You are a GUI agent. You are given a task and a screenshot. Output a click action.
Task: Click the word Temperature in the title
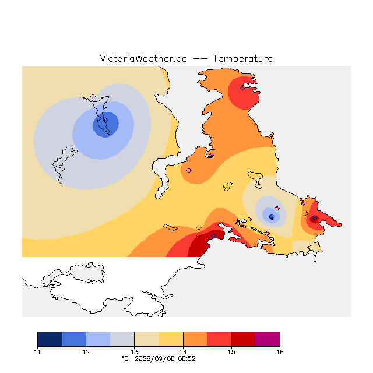pos(242,58)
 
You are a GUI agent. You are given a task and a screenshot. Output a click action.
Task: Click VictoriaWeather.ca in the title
pos(143,58)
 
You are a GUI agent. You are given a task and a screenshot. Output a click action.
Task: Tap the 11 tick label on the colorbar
pos(37,352)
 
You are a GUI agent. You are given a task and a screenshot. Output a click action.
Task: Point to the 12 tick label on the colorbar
pos(86,352)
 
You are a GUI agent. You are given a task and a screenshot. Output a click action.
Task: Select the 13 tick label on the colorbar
pos(135,352)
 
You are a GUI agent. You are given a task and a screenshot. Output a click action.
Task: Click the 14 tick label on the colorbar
pos(183,352)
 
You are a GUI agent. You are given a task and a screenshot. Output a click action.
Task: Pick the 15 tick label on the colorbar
pos(231,352)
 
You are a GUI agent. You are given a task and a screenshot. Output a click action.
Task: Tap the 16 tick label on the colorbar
pos(280,352)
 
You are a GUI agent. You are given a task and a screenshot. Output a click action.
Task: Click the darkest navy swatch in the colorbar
pos(50,339)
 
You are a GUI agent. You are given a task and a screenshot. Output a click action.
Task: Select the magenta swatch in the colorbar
pos(268,339)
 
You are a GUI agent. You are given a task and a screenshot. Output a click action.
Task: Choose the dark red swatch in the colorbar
pos(244,339)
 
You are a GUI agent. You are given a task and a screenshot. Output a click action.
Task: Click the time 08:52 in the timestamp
pos(186,359)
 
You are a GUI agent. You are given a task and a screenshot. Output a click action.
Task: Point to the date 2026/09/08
pos(156,359)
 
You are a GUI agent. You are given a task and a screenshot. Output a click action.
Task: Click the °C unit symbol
pos(125,358)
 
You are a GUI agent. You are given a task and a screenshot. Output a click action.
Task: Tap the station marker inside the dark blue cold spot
pos(106,121)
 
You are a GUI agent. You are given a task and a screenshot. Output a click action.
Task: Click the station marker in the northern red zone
pos(242,88)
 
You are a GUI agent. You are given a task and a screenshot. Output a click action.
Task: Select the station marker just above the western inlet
pos(93,96)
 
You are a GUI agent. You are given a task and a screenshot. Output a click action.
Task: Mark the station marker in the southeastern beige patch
pos(309,247)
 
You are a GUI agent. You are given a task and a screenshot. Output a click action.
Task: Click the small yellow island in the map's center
pos(228,186)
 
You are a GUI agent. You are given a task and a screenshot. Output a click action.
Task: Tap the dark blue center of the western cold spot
pos(105,124)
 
